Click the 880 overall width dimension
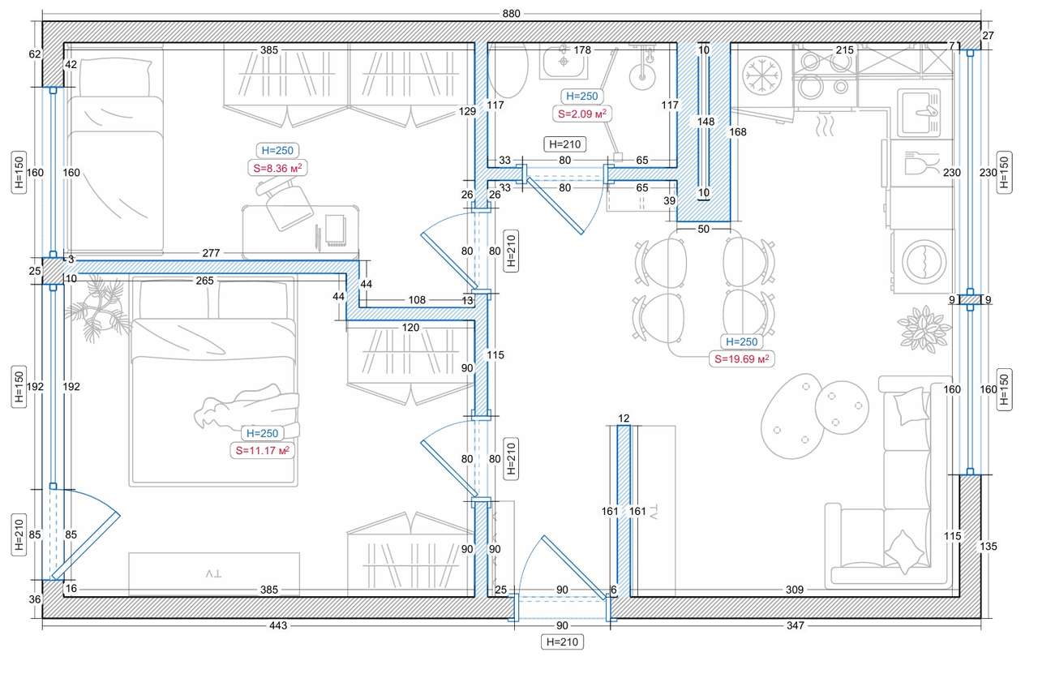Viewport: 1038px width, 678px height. [512, 14]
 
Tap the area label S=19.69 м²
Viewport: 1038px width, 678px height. [740, 358]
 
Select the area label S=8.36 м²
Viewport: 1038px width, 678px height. [277, 168]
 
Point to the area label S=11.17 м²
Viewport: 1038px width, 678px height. [263, 450]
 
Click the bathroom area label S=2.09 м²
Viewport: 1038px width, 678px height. [582, 114]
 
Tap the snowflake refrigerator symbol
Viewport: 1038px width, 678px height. [761, 71]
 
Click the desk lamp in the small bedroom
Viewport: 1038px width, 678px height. [284, 203]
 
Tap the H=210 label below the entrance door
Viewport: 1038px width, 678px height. [562, 642]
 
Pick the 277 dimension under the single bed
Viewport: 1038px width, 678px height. [210, 254]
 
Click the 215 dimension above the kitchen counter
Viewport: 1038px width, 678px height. [844, 50]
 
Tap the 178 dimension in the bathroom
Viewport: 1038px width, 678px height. [581, 50]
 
